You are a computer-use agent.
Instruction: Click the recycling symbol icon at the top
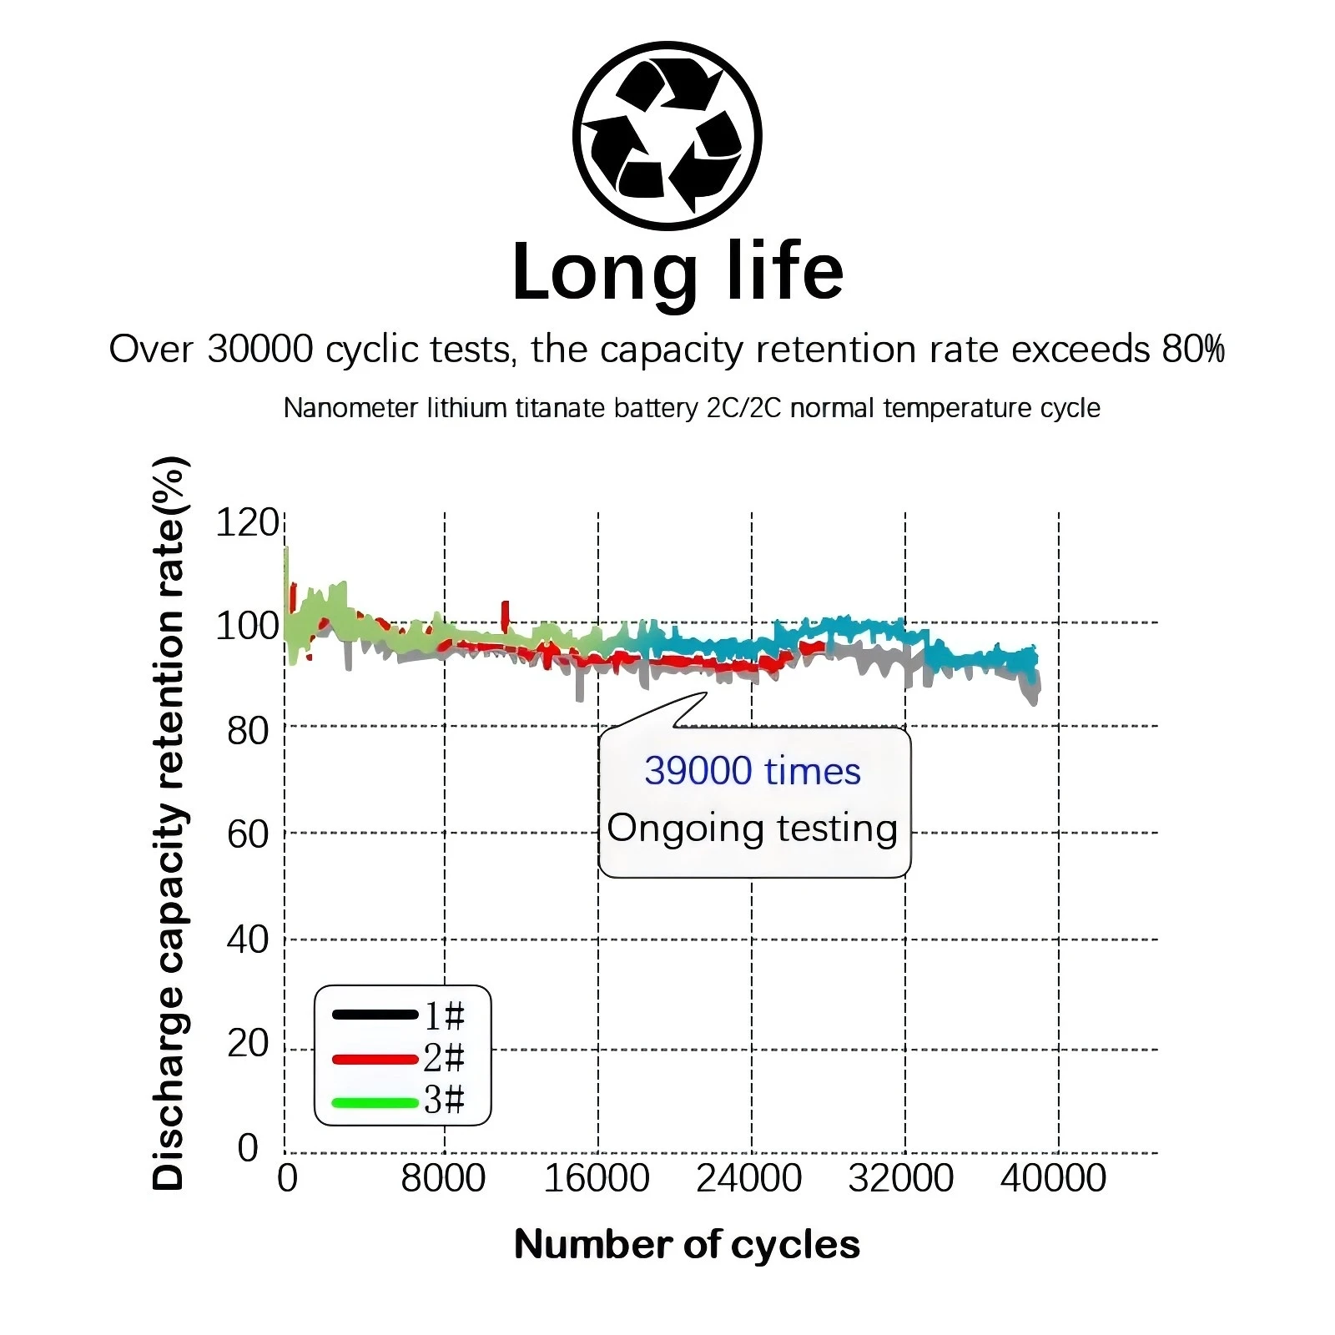(x=667, y=135)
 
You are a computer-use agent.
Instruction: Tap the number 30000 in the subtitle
(x=259, y=349)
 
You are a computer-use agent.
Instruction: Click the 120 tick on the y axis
(x=246, y=523)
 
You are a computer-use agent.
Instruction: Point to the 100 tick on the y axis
(x=246, y=626)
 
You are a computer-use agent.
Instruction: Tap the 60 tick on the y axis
(x=248, y=834)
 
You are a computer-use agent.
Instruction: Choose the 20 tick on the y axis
(x=248, y=1044)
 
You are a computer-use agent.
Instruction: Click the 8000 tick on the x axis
(x=443, y=1178)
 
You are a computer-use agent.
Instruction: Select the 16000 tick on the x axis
(x=597, y=1178)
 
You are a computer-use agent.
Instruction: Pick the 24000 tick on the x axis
(x=749, y=1178)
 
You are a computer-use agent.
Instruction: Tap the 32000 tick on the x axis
(x=901, y=1178)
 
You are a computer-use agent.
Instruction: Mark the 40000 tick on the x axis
(x=1053, y=1178)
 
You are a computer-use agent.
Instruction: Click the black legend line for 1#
(x=375, y=1015)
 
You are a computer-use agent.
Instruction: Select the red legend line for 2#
(x=375, y=1059)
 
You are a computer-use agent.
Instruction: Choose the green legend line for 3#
(x=375, y=1102)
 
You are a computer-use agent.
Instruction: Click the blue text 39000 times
(x=752, y=771)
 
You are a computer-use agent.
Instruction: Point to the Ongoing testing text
(x=752, y=829)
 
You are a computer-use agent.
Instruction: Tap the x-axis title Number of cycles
(x=687, y=1244)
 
